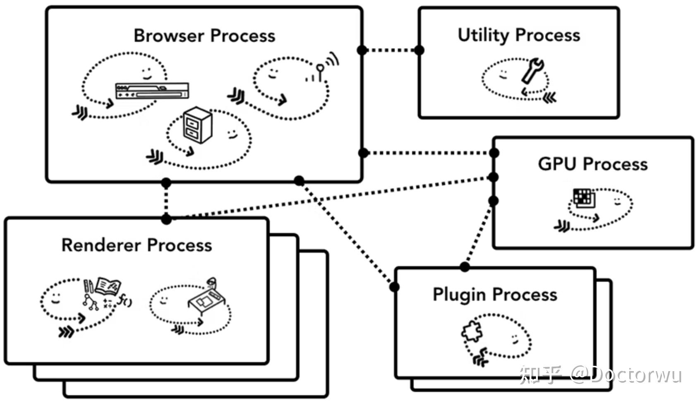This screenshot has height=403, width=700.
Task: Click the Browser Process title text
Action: (204, 36)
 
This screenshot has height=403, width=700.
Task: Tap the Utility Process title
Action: (519, 35)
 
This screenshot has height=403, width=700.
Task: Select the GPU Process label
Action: (592, 164)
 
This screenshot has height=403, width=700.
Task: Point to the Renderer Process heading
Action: (137, 245)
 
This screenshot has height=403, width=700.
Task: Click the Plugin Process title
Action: (495, 295)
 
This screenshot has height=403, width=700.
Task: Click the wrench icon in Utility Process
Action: (532, 70)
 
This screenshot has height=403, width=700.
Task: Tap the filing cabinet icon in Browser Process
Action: (197, 125)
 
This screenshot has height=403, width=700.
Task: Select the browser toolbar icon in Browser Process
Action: (152, 91)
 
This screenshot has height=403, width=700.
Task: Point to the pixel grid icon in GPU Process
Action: (584, 198)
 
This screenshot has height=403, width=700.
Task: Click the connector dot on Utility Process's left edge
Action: (419, 50)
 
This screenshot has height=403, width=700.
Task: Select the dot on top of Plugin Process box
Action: (465, 267)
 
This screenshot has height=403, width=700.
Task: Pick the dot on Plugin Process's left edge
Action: (394, 287)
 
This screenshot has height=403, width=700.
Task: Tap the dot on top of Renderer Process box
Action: (166, 219)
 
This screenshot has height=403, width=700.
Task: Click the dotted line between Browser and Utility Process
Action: (391, 50)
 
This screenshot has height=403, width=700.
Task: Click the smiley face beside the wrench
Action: (503, 75)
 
